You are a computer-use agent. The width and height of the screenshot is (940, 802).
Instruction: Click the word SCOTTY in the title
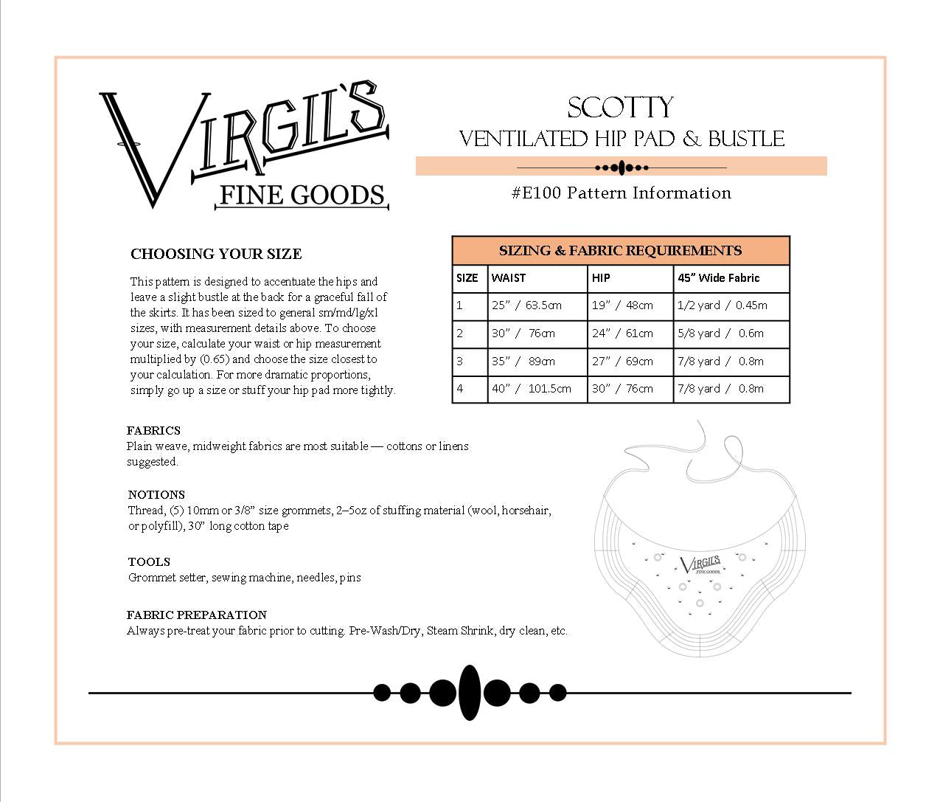pyautogui.click(x=620, y=108)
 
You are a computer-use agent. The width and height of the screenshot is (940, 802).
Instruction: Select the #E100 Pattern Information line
pyautogui.click(x=621, y=193)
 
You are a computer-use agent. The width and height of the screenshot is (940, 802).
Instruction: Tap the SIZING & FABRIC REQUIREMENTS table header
pyautogui.click(x=620, y=251)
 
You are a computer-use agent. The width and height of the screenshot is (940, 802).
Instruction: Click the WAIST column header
pyautogui.click(x=509, y=278)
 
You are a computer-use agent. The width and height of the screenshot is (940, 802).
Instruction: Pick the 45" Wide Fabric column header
pyautogui.click(x=718, y=278)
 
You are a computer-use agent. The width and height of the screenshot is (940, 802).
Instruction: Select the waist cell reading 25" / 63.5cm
pyautogui.click(x=526, y=305)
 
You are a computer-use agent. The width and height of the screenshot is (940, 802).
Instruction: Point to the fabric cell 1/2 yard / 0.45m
pyautogui.click(x=722, y=305)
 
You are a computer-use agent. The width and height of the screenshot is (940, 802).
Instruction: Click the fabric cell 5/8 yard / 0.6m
pyautogui.click(x=720, y=333)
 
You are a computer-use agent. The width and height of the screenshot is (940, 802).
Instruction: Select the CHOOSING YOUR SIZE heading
pyautogui.click(x=216, y=255)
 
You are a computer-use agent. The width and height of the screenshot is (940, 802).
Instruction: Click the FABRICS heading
pyautogui.click(x=153, y=431)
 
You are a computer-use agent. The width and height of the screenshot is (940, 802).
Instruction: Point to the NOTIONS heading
pyautogui.click(x=156, y=495)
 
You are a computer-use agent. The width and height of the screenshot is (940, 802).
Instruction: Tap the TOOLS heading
pyautogui.click(x=149, y=562)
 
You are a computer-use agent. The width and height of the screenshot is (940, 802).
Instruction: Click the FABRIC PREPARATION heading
pyautogui.click(x=197, y=615)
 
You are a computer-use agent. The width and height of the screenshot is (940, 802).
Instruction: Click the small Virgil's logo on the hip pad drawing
pyautogui.click(x=700, y=566)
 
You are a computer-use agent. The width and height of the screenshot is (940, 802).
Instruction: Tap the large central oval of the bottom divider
pyautogui.click(x=470, y=692)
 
